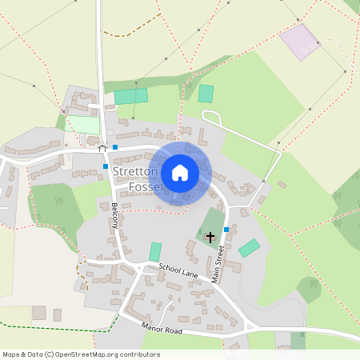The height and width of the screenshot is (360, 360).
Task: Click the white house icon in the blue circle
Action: point(180,172)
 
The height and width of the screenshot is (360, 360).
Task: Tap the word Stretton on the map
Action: point(135,172)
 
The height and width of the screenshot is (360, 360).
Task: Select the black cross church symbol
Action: point(210,237)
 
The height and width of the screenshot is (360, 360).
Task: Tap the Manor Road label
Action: point(161,329)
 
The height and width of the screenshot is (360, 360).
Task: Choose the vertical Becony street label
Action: point(114,215)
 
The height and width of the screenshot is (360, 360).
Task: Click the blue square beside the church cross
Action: point(226,230)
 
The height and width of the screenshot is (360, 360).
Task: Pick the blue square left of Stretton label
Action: point(106,166)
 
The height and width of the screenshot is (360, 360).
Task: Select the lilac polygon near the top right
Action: point(299,41)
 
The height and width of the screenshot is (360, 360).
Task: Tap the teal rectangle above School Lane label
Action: point(155,251)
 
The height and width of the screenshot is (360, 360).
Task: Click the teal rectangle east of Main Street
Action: point(250,248)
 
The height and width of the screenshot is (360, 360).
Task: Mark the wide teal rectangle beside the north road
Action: point(131,96)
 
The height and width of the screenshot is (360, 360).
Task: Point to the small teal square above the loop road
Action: point(206,93)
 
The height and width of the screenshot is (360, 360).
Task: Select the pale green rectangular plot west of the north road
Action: point(83,125)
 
